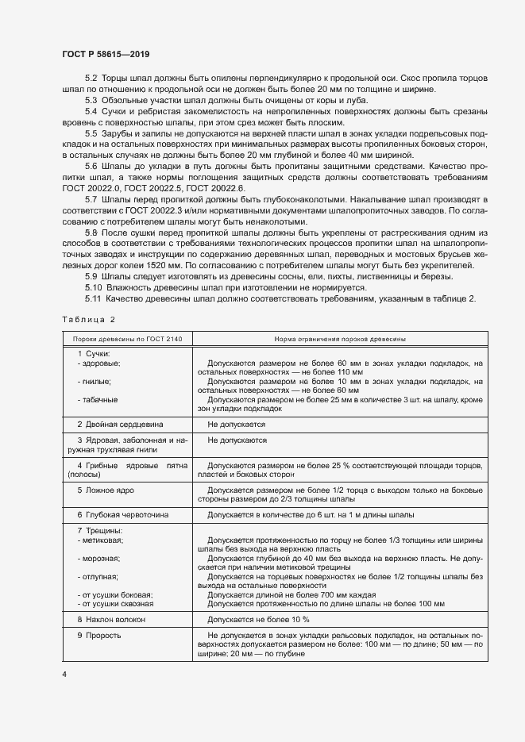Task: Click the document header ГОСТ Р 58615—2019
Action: (105, 54)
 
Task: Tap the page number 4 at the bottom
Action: (64, 674)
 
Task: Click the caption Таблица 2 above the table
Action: (88, 319)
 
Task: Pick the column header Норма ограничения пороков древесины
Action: (341, 339)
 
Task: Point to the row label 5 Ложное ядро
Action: (105, 490)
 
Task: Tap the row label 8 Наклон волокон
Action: (110, 618)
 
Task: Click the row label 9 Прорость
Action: (99, 636)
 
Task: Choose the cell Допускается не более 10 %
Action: (257, 618)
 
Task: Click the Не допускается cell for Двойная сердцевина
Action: (236, 425)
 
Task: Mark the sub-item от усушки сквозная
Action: (116, 602)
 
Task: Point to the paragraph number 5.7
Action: (91, 197)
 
